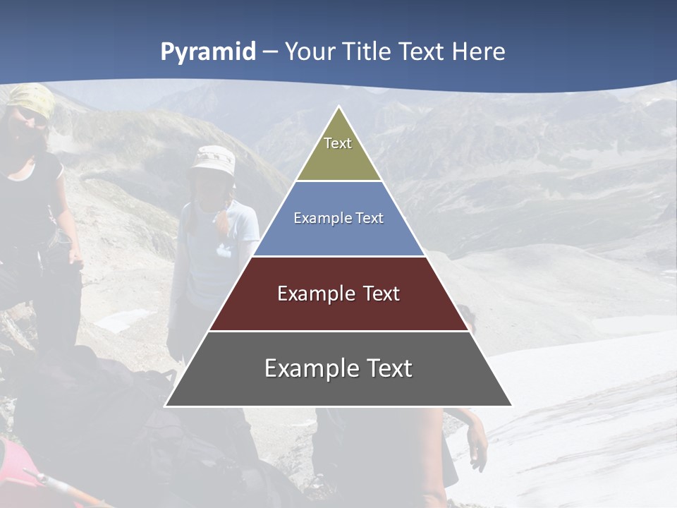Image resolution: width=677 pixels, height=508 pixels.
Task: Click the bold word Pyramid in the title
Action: coord(208,52)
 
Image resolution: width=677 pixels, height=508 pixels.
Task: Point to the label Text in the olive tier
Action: coord(338,143)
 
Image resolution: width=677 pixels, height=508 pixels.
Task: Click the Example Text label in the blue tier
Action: coord(338,218)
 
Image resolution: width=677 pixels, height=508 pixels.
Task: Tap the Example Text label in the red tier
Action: coord(338,294)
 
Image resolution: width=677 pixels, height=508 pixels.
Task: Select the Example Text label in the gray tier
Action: coord(338,368)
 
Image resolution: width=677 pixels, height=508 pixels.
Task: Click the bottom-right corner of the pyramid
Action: coord(511,405)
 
